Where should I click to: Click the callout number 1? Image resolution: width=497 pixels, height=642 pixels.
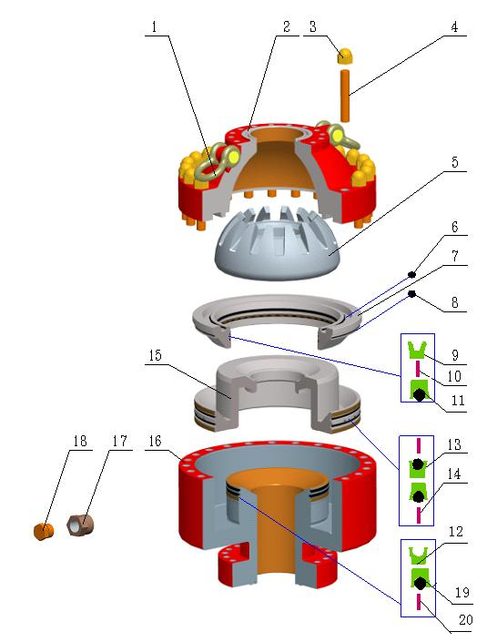tap(154, 27)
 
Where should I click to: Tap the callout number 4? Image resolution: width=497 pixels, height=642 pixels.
tap(454, 27)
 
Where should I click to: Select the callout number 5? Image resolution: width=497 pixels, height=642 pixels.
tap(455, 162)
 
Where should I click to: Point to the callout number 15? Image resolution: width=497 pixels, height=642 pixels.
tap(155, 355)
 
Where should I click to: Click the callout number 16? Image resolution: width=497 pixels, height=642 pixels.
tap(155, 441)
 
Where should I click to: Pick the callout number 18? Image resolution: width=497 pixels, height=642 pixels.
tap(80, 441)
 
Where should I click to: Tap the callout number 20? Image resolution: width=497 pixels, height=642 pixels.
tap(466, 619)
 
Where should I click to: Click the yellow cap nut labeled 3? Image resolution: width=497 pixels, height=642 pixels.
tap(346, 56)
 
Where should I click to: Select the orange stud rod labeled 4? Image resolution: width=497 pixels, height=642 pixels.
tap(345, 96)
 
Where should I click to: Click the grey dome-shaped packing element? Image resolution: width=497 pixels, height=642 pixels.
tap(278, 245)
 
